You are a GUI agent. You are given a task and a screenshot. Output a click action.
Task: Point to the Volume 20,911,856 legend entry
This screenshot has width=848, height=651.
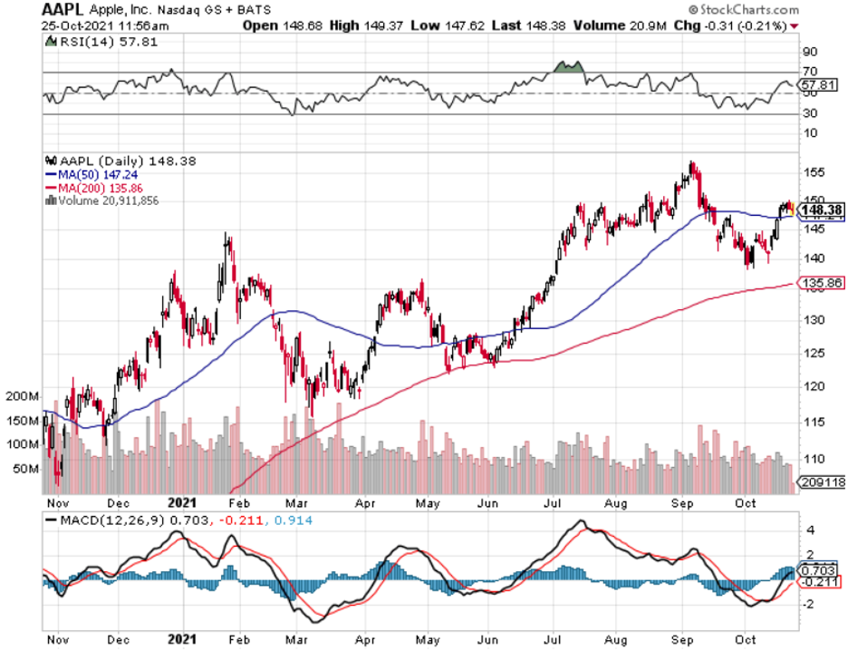[106, 200]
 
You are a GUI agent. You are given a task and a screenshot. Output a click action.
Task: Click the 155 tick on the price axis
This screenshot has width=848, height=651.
[814, 171]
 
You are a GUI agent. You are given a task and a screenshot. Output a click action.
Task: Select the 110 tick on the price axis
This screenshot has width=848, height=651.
[814, 459]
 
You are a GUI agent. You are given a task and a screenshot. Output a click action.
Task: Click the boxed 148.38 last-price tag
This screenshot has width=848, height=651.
[824, 209]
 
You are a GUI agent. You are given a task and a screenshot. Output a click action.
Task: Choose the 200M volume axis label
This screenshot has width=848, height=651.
[24, 398]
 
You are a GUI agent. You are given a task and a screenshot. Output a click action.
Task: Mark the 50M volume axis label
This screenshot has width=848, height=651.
[27, 469]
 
